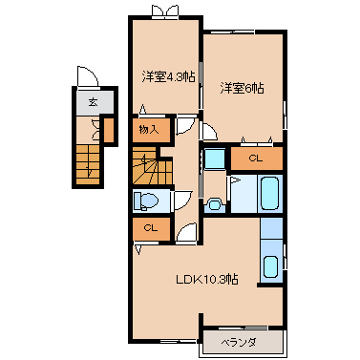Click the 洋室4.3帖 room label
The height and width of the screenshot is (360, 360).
[x=168, y=76]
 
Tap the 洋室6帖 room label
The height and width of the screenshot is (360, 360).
[x=243, y=88]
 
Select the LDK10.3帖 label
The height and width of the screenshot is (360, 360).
[x=207, y=280]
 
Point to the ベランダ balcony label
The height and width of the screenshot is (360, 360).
[x=239, y=343]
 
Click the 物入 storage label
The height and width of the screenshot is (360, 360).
[x=149, y=130]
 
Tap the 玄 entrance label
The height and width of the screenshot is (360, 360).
[x=93, y=102]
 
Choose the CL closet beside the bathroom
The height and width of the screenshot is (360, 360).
[x=256, y=159]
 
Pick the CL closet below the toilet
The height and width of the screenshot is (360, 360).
[x=151, y=228]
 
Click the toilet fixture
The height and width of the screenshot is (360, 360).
[x=146, y=201]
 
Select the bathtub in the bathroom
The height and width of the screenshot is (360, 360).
[x=270, y=194]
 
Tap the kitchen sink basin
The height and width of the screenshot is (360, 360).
[x=271, y=266]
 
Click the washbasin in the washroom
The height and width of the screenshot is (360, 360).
[x=214, y=204]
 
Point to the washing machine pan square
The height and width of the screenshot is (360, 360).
[x=215, y=159]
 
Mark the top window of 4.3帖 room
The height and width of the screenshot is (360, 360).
[x=164, y=11]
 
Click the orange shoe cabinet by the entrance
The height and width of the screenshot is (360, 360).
[x=109, y=130]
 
